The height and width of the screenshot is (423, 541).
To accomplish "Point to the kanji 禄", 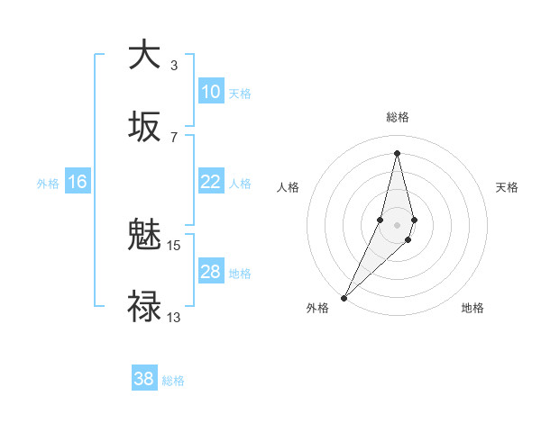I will [x=144, y=305].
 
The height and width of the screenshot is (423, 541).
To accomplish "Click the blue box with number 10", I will [x=210, y=92].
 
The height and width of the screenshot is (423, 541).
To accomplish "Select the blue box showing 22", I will [x=210, y=182].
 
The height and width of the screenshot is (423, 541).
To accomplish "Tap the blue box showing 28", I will [x=210, y=272].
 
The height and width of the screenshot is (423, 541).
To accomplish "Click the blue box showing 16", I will [x=78, y=182].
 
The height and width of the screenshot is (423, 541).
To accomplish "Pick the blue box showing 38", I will [x=144, y=379].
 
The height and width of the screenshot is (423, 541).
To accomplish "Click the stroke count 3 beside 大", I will [x=174, y=65].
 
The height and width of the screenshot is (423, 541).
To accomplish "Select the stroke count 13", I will [x=174, y=317].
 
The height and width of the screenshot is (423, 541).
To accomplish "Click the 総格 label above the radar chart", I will [x=397, y=117].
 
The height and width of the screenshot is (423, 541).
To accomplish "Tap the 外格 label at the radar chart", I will [x=317, y=309].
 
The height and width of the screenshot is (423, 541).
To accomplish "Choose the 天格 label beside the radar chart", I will [x=507, y=187].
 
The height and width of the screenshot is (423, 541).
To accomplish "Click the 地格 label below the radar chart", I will [x=472, y=309].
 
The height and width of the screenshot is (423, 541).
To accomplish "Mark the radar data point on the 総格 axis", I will [x=397, y=152].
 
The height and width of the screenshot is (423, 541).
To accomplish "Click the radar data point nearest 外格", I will [x=344, y=297].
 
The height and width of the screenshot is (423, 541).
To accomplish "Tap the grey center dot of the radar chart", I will [x=397, y=224].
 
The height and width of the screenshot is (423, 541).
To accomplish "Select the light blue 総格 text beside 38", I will [x=173, y=381].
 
